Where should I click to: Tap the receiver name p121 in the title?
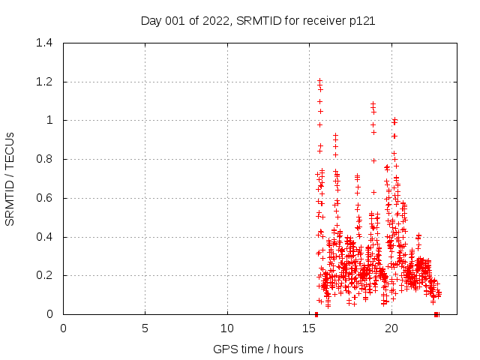pyautogui.click(x=361, y=21)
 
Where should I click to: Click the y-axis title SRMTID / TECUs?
pyautogui.click(x=10, y=178)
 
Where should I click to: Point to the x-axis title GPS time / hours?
pyautogui.click(x=258, y=349)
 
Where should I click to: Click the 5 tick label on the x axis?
pyautogui.click(x=145, y=328)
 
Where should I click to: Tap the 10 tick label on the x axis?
pyautogui.click(x=227, y=328)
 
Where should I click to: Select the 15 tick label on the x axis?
pyautogui.click(x=310, y=328)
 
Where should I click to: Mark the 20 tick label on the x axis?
pyautogui.click(x=391, y=328)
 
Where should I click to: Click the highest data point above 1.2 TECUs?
pyautogui.click(x=319, y=79)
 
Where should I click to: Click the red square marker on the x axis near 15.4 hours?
pyautogui.click(x=316, y=314)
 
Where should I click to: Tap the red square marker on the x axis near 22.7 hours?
pyautogui.click(x=436, y=314)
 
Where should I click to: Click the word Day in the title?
pyautogui.click(x=151, y=21)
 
